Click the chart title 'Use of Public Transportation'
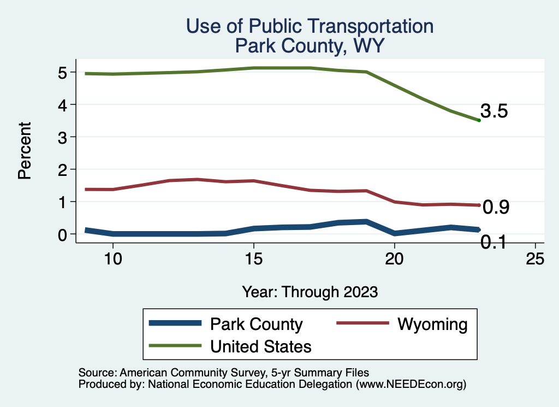point(310,26)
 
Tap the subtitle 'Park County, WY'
point(310,46)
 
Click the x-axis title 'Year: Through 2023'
point(310,292)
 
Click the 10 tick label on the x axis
point(112,259)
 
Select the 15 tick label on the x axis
point(253,259)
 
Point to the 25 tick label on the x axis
point(535,259)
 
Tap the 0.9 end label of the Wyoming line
point(496,207)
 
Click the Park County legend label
point(256,325)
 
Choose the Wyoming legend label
point(432,325)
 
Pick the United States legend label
point(260,346)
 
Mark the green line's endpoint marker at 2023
point(479,120)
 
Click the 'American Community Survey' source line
point(224,373)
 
